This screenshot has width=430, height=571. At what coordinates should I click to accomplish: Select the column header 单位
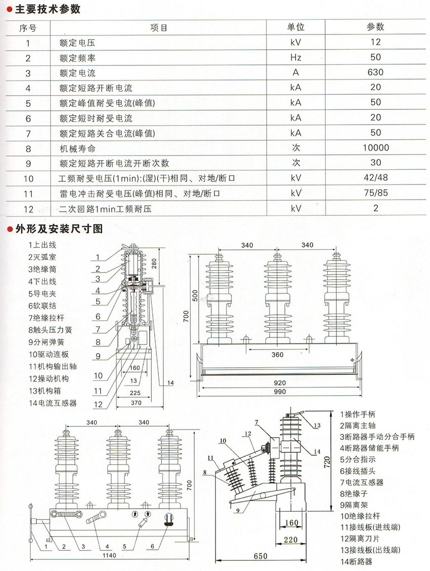pyautogui.click(x=296, y=27)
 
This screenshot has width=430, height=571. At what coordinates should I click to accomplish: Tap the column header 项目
pyautogui.click(x=158, y=27)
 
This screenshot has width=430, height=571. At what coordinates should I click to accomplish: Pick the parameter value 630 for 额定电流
pyautogui.click(x=375, y=72)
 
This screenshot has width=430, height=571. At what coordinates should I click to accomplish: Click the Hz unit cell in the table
pyautogui.click(x=296, y=57)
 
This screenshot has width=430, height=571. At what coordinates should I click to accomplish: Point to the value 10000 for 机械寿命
pyautogui.click(x=375, y=147)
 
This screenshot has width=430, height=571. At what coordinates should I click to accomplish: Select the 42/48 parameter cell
pyautogui.click(x=375, y=178)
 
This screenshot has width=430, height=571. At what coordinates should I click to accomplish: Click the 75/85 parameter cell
pyautogui.click(x=375, y=193)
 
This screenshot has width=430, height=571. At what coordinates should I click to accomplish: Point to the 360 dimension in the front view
pyautogui.click(x=277, y=354)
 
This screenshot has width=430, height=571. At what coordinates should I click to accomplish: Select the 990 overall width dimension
pyautogui.click(x=279, y=392)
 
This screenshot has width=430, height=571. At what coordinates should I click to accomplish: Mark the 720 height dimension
pyautogui.click(x=327, y=461)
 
